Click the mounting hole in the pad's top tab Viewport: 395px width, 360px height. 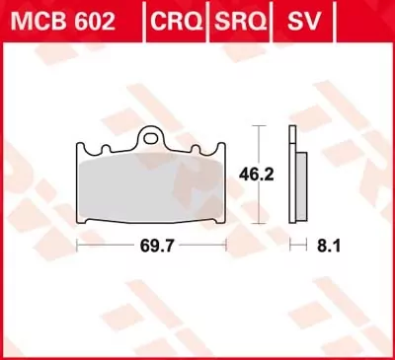pos(152,138)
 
